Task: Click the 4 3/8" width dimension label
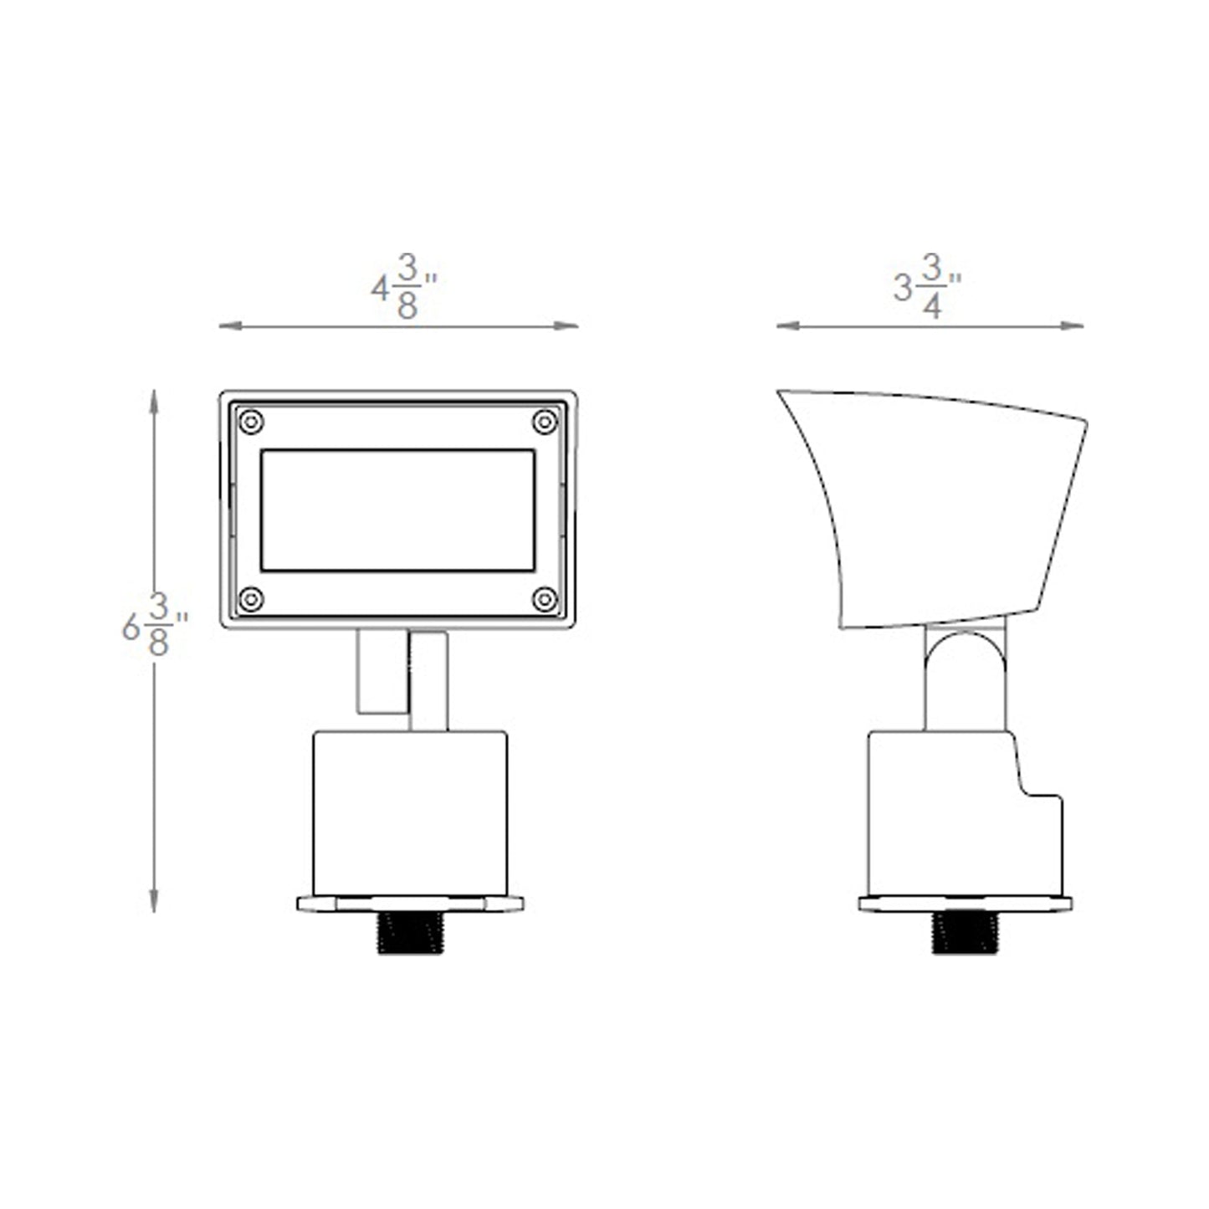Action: [404, 287]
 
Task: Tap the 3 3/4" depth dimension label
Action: [926, 287]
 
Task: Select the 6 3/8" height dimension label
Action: [154, 625]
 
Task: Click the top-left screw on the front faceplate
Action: [251, 422]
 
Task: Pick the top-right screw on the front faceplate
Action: [545, 422]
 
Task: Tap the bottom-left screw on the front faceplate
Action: [251, 599]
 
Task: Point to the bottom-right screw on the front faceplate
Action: [545, 599]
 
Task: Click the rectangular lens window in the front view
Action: [397, 510]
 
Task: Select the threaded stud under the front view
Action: [409, 933]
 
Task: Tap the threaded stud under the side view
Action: [965, 933]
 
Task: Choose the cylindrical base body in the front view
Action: [409, 812]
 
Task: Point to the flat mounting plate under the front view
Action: [409, 904]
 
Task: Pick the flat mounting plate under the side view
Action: [965, 904]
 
